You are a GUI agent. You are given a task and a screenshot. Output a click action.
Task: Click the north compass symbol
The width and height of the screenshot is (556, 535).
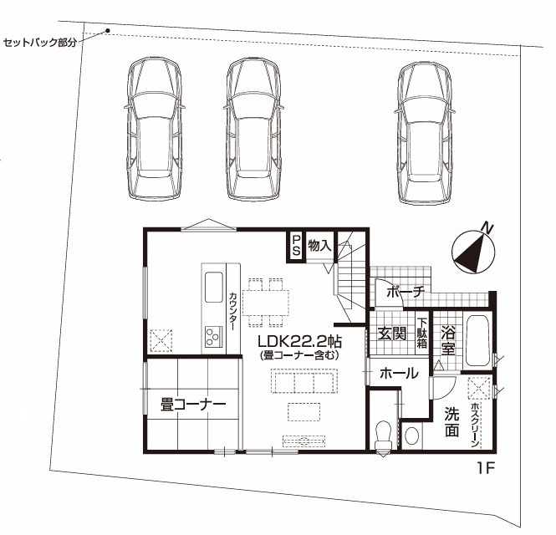[473, 250]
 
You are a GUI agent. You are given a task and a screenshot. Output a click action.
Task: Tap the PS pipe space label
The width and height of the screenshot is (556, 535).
[296, 246]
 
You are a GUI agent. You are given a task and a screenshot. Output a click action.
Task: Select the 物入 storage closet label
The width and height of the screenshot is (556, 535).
[319, 245]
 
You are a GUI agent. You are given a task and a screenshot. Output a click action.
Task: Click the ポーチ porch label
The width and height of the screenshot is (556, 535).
[406, 292]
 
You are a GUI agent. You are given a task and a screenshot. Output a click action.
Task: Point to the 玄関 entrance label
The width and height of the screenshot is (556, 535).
[391, 334]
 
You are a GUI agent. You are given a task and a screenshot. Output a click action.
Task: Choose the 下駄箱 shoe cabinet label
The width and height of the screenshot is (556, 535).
[422, 334]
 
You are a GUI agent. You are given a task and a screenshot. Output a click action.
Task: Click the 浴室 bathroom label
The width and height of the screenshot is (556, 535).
[448, 342]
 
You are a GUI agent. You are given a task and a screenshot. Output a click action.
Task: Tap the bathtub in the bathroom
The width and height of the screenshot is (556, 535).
[478, 340]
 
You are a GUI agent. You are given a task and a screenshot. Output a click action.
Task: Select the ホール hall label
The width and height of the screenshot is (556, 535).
[399, 373]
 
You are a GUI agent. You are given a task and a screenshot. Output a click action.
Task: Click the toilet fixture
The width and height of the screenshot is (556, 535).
[383, 438]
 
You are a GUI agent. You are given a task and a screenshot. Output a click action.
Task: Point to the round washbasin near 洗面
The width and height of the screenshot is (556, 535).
[411, 436]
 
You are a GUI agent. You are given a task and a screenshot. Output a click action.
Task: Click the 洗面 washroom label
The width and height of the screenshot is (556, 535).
[451, 422]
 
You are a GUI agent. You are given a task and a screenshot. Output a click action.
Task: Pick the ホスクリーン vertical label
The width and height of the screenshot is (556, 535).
[475, 424]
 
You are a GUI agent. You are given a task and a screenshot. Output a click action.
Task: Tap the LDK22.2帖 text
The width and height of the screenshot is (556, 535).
[299, 341]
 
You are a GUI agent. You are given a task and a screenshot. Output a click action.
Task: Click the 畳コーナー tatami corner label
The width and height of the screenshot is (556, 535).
[193, 404]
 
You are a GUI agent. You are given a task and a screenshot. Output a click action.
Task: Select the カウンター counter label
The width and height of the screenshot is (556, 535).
[232, 311]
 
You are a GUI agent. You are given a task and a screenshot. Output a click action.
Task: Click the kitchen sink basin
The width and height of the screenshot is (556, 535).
[214, 287]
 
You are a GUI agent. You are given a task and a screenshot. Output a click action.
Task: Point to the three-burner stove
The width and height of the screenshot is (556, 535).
[213, 336]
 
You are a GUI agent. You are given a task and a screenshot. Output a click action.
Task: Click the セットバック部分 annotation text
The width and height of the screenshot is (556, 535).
[40, 43]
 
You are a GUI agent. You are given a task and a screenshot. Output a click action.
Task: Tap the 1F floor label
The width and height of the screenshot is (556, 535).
[485, 468]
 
